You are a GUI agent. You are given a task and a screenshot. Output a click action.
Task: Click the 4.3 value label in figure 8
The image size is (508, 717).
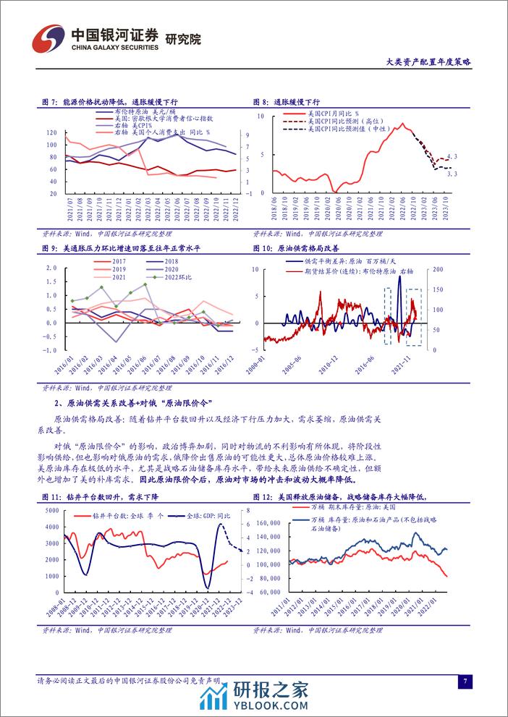[452, 156]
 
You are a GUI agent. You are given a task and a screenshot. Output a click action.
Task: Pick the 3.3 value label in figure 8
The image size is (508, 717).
[452, 174]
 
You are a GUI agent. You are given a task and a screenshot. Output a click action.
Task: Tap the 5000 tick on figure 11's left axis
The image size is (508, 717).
[50, 511]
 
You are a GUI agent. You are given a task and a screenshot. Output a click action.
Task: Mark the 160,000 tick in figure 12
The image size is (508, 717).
[268, 522]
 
